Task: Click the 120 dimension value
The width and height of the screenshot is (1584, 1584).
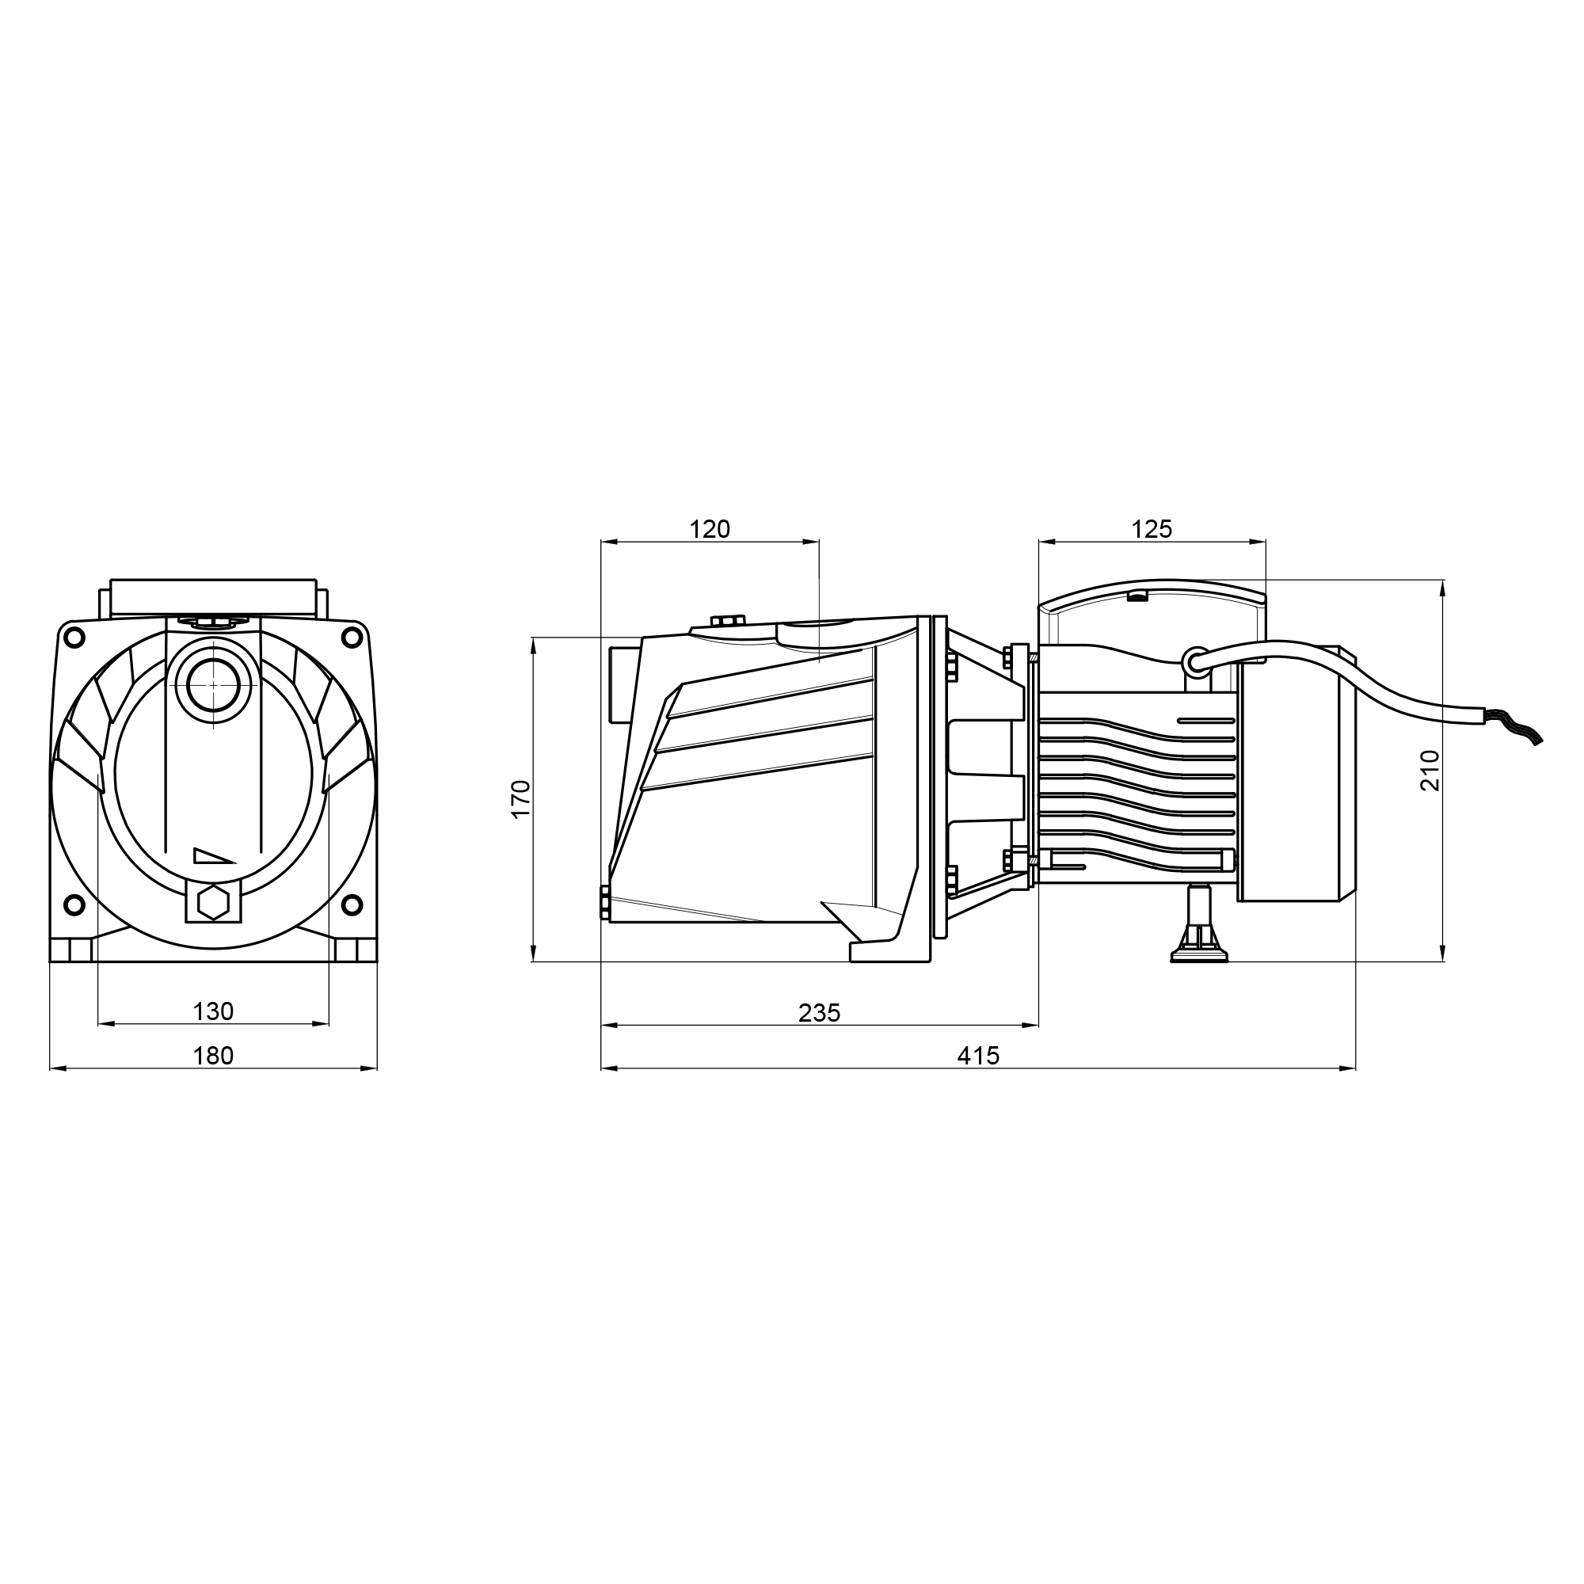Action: pos(709,530)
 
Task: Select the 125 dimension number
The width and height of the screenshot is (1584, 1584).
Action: pos(1152,530)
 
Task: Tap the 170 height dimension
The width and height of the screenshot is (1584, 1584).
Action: pos(521,798)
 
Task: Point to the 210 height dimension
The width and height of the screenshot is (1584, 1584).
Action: pos(1429,770)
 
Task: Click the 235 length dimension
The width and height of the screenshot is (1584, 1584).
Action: pos(819,1014)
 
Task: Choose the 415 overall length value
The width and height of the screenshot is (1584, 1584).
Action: pos(978,1056)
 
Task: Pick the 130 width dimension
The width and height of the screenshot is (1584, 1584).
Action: pos(213,1011)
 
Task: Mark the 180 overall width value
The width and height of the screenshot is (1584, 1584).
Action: pos(213,1056)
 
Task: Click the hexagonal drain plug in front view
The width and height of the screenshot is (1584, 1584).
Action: pos(213,903)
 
